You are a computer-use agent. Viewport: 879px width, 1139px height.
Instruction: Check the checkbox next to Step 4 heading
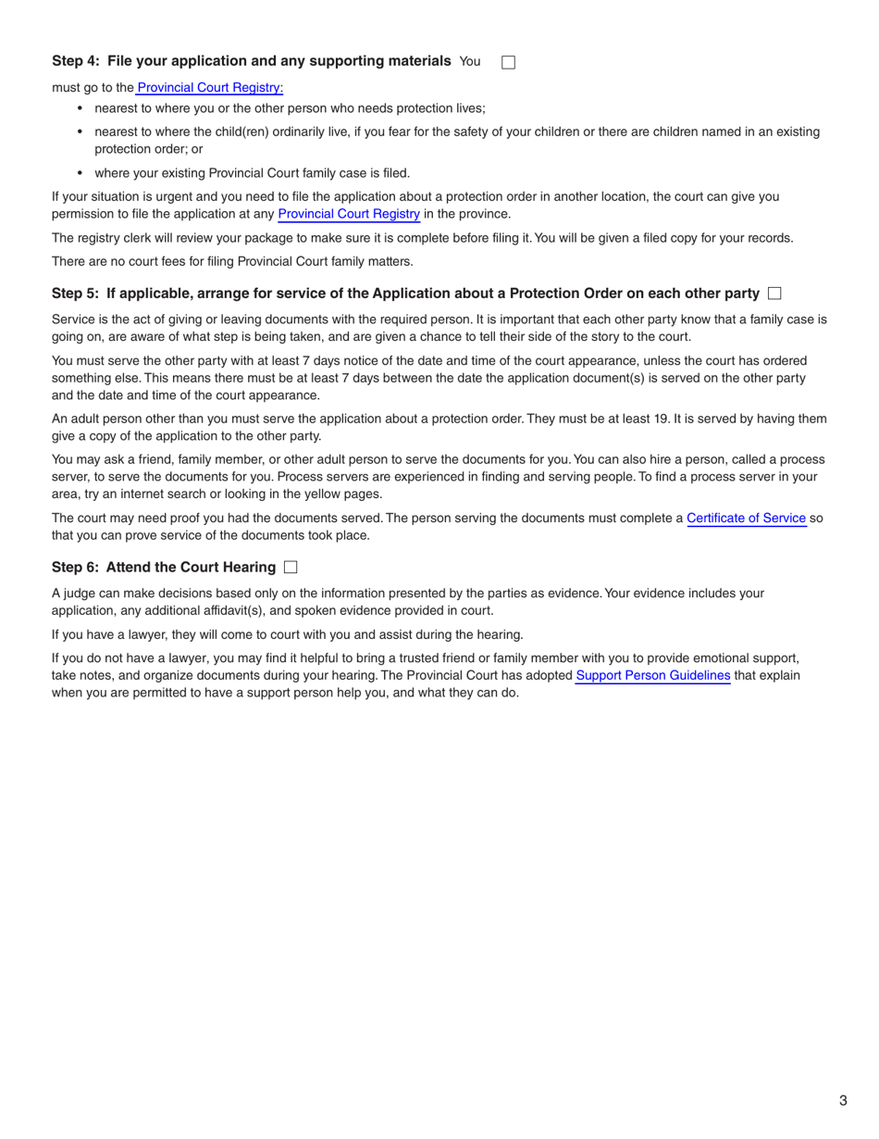(508, 62)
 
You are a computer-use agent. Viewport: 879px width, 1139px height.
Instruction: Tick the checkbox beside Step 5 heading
(774, 294)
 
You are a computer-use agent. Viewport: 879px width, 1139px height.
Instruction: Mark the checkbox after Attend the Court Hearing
(291, 567)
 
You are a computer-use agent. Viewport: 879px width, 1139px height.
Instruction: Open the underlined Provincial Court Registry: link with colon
(210, 88)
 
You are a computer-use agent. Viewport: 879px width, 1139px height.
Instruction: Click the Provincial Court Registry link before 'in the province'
(349, 214)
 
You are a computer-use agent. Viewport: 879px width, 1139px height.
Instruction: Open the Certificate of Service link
(746, 519)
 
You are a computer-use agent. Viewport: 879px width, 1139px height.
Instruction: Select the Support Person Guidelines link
(652, 676)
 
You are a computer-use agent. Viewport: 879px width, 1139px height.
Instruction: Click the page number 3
(843, 1100)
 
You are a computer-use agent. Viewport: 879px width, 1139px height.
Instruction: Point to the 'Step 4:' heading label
(76, 61)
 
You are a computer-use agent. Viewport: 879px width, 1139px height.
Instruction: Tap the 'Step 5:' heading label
(76, 294)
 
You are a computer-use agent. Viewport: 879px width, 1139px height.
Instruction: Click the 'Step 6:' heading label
(76, 567)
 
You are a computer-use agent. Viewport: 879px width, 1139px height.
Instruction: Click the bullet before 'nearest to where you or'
(80, 108)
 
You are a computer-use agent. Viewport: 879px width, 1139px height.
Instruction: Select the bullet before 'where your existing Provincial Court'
(80, 173)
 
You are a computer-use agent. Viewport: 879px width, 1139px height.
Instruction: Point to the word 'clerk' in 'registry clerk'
(135, 238)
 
